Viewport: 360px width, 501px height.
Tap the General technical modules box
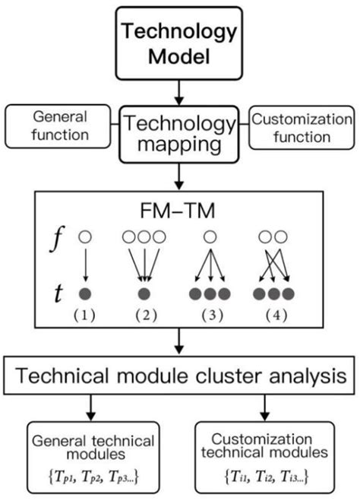(92, 455)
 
